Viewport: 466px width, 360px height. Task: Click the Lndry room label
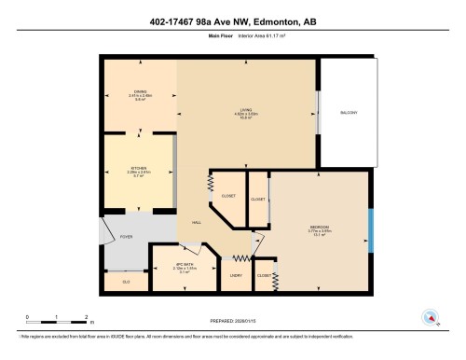click(x=236, y=276)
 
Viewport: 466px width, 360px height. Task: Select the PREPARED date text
click(x=233, y=323)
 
